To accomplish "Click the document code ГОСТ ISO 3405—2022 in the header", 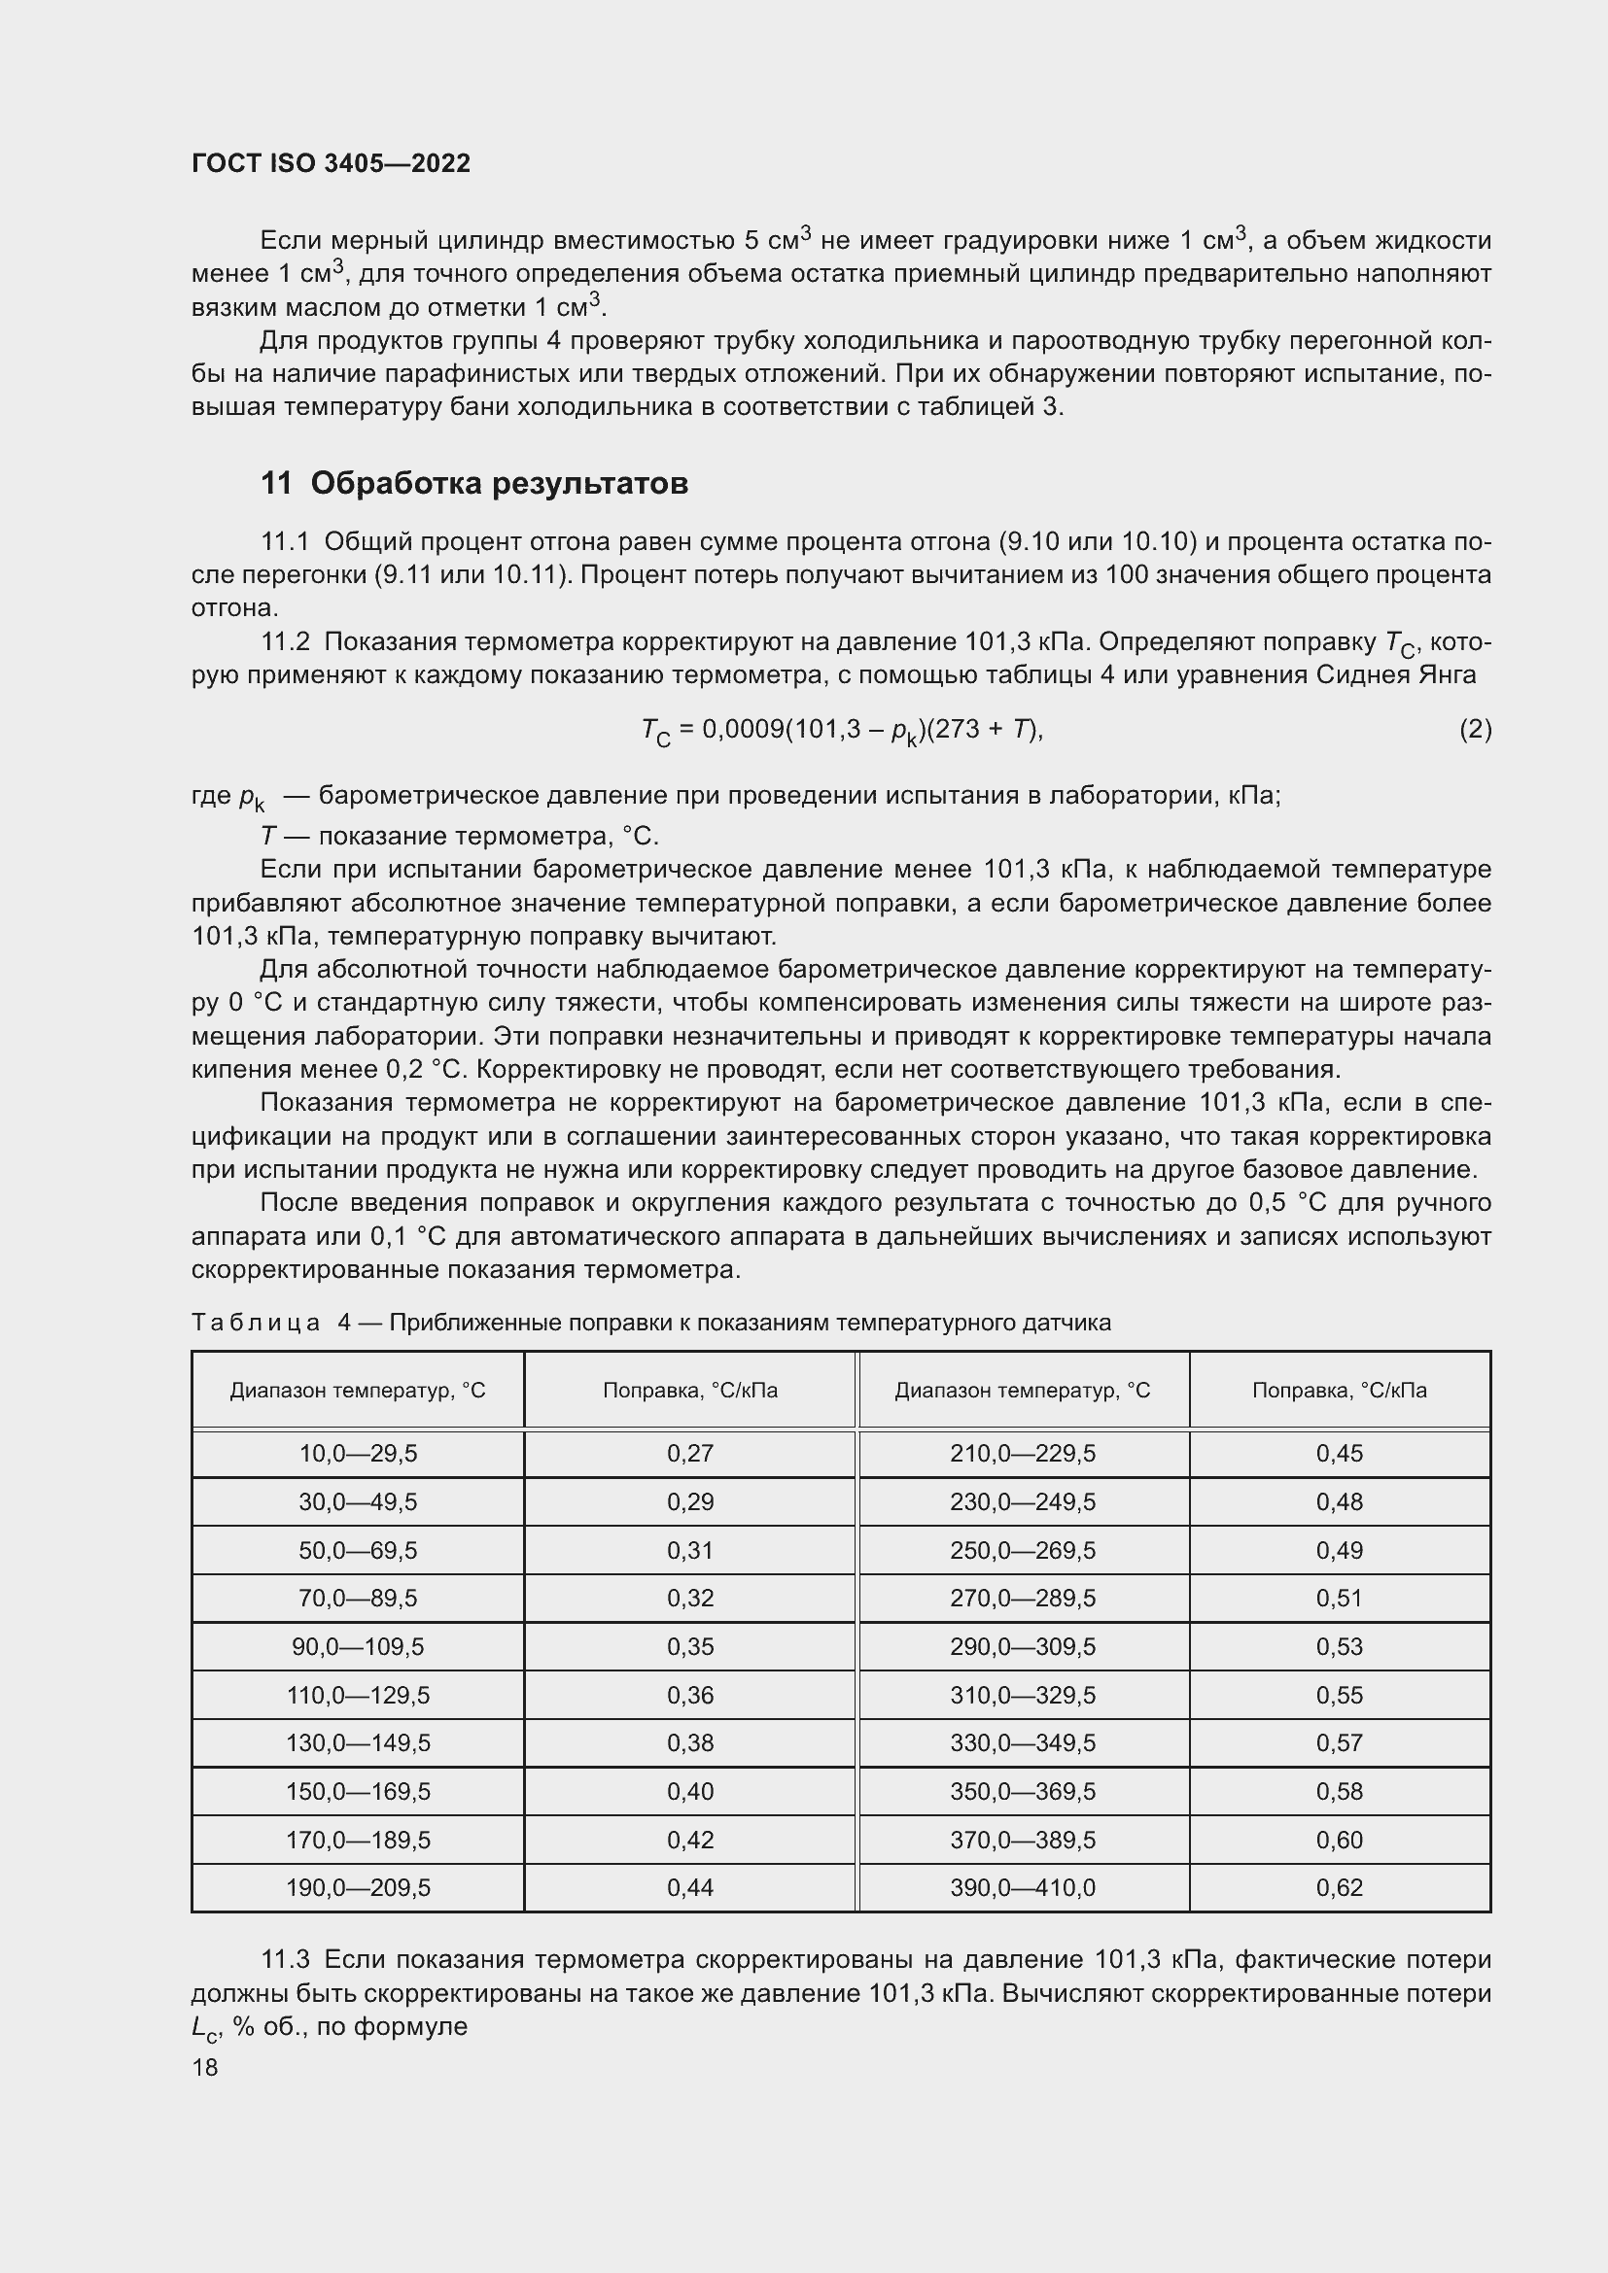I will point(331,163).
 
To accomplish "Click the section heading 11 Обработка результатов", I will point(474,483).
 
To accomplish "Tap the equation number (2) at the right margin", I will point(1475,730).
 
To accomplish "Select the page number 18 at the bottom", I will point(205,2067).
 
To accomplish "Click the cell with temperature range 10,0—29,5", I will point(358,1453).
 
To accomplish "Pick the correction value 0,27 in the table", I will point(690,1453).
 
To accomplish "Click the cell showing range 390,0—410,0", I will point(1023,1887).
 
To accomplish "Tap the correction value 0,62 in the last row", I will point(1339,1887).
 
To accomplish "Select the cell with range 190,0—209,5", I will point(358,1887).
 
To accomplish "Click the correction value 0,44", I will point(690,1887).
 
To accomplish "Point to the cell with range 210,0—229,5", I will point(1023,1453).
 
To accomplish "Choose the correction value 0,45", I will point(1339,1453).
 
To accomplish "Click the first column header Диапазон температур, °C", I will point(358,1390).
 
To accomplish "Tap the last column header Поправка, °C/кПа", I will point(1339,1390).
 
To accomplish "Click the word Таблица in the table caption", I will point(256,1323).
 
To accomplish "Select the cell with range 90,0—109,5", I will point(358,1646).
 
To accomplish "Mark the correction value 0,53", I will point(1339,1646).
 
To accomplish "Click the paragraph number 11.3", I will point(285,1959).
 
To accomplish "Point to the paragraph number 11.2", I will point(285,642).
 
